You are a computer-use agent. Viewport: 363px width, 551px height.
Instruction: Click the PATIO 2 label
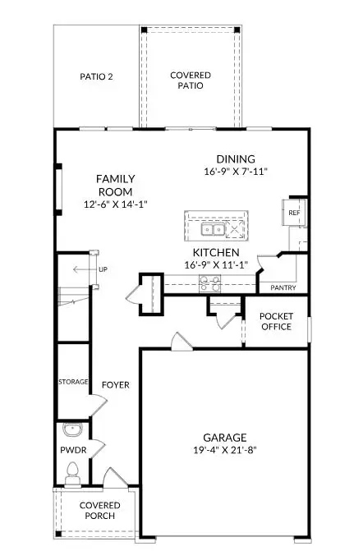97,76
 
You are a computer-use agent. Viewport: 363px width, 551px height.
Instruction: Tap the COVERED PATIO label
191,80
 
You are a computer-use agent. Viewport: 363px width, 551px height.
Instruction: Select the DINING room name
236,159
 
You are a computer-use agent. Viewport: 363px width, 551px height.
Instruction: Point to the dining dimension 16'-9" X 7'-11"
236,172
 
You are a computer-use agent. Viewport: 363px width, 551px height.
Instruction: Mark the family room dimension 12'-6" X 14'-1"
115,204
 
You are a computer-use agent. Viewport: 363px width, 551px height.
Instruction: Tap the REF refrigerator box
294,213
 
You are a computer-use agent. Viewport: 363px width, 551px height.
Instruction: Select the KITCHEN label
216,252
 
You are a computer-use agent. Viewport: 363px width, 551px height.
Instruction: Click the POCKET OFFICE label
276,322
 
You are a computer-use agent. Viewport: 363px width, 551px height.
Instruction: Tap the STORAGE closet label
72,383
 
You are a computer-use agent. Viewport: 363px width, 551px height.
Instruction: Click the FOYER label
115,384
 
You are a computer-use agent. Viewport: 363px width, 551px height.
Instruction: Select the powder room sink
70,429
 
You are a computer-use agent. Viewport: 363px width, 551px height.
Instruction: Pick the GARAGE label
225,437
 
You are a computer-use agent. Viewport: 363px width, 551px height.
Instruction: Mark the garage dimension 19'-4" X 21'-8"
225,450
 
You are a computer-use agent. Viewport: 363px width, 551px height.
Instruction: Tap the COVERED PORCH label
99,510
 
